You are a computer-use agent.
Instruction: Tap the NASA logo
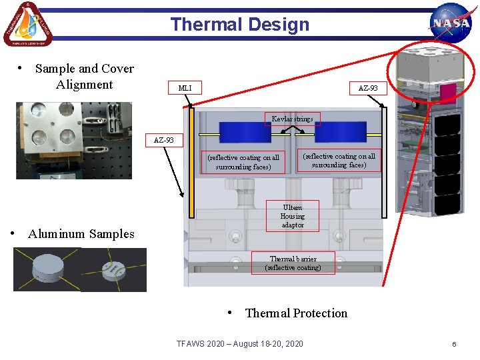pos(451,24)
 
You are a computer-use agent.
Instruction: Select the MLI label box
pos(185,88)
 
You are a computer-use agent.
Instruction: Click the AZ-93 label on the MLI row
pos(368,88)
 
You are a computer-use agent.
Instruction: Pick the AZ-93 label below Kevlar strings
pos(164,140)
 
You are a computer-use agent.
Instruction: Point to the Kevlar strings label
pos(292,119)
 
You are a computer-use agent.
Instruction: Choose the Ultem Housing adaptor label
pos(292,216)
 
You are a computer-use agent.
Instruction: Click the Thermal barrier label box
pos(293,263)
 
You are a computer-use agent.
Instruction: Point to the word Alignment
pos(85,85)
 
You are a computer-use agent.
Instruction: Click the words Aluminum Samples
pos(81,234)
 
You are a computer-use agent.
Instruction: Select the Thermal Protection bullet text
pos(296,313)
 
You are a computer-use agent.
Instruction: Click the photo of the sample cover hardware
pos(74,140)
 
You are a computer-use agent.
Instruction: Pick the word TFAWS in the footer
pos(191,343)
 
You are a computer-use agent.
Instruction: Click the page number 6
pos(454,344)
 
